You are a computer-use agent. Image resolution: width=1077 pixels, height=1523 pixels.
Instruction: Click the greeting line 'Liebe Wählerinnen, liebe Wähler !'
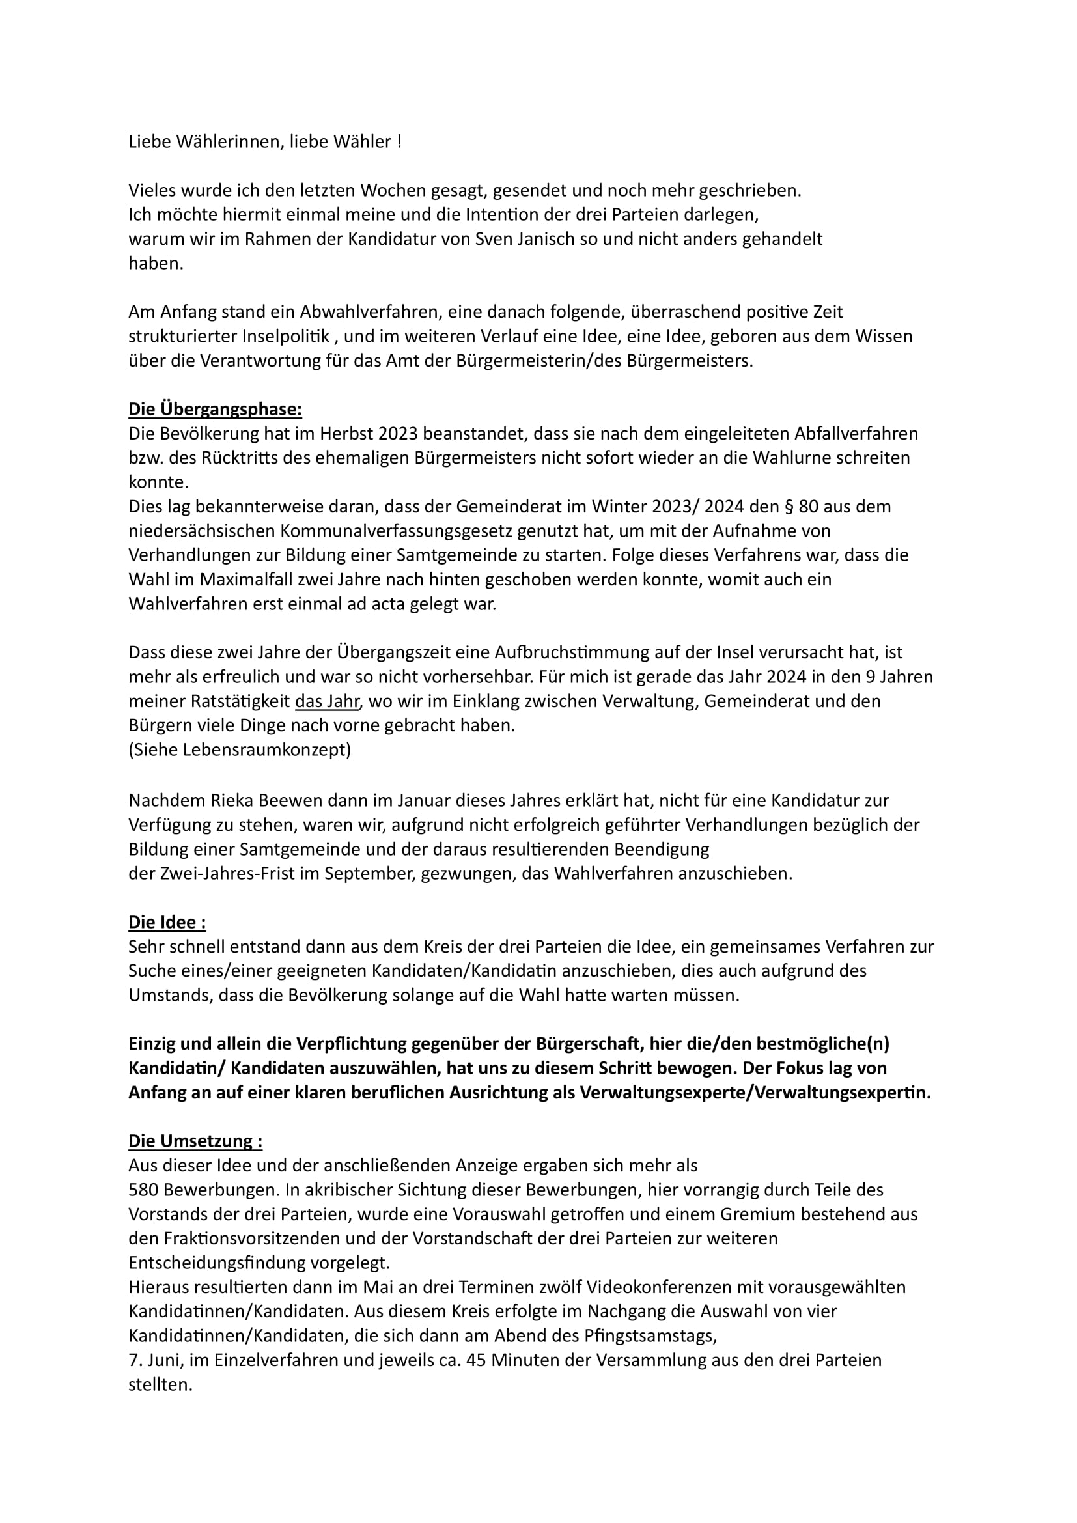click(264, 142)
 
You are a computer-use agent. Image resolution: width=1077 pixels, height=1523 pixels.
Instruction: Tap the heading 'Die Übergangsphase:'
click(215, 410)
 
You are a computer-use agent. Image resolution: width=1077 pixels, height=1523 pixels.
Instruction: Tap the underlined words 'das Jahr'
click(326, 701)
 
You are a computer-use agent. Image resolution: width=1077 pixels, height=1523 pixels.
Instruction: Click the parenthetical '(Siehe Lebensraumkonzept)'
click(240, 750)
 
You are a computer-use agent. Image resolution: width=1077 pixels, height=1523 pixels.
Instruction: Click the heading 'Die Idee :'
click(167, 923)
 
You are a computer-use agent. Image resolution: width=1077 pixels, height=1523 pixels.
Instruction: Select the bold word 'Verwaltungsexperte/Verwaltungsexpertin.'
click(755, 1093)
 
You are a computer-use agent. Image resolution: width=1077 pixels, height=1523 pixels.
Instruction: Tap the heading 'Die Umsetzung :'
click(195, 1141)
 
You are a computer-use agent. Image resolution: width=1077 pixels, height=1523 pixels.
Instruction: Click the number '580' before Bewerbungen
click(143, 1191)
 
